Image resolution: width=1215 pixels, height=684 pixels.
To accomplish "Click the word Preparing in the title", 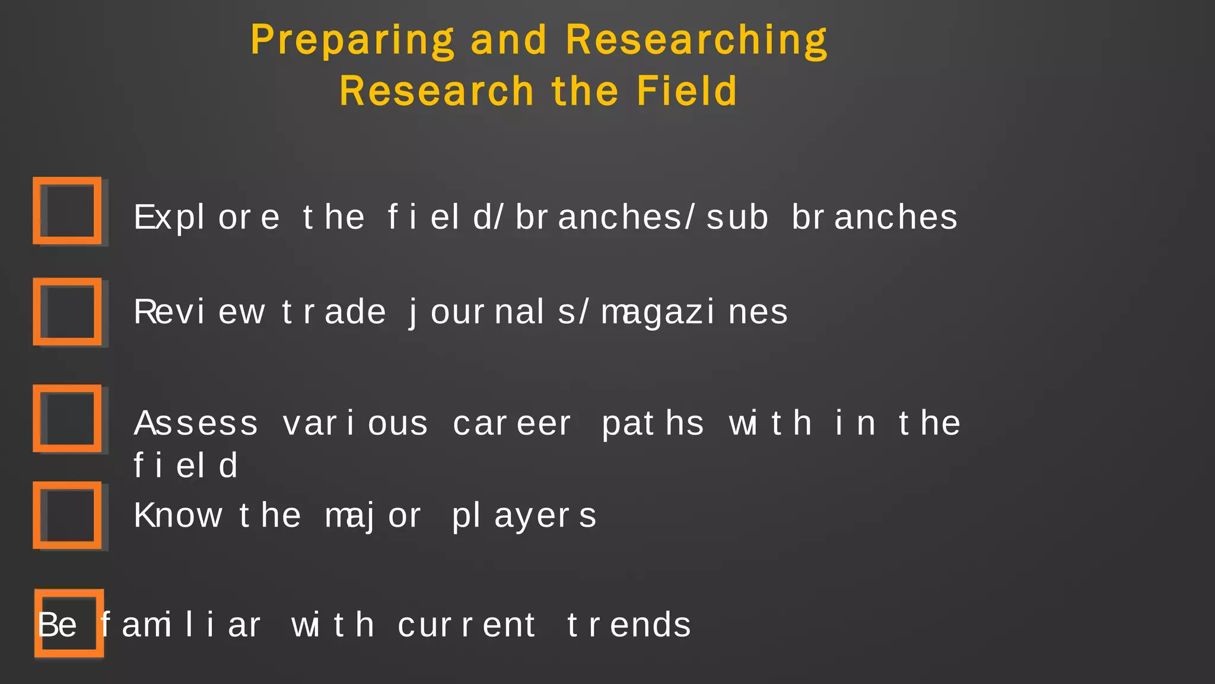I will click(352, 40).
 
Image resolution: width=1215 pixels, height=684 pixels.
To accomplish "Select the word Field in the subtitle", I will click(686, 91).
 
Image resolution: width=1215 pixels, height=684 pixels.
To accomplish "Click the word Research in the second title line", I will click(437, 91).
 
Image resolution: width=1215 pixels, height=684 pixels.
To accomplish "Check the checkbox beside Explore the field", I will click(68, 211).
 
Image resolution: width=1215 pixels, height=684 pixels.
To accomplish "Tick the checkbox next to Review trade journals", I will click(68, 312).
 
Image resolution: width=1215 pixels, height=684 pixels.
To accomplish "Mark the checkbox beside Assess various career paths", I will click(68, 419).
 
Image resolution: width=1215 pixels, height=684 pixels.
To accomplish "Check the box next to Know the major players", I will click(68, 515).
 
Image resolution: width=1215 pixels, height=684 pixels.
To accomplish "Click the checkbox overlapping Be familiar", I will click(69, 623).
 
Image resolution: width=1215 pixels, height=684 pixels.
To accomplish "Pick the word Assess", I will click(196, 424).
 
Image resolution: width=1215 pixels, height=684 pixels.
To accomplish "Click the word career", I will click(512, 424).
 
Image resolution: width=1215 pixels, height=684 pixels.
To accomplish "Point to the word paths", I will click(653, 424).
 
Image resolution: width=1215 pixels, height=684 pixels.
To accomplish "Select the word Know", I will click(177, 515).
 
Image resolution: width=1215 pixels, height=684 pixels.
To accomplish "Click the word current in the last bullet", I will click(467, 625).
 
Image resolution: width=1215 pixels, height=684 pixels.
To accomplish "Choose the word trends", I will click(629, 625).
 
